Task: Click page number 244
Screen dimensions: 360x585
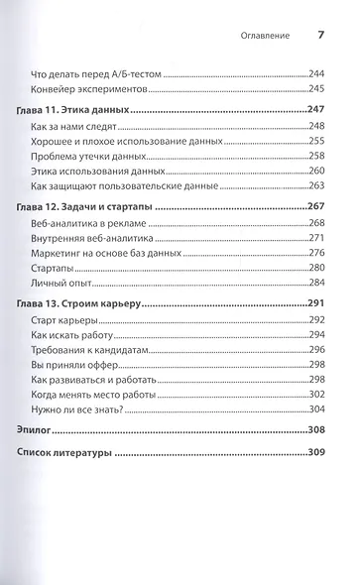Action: [316, 76]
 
